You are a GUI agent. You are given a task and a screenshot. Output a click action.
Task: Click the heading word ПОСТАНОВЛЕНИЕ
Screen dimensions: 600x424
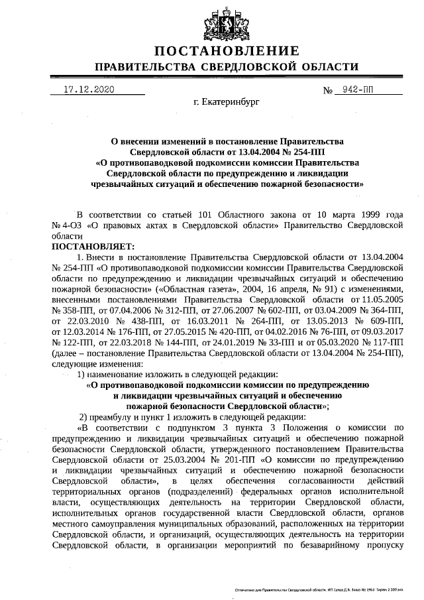coord(227,52)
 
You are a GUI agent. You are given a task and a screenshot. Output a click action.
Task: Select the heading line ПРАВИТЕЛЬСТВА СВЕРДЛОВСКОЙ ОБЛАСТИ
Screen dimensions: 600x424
coord(227,68)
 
